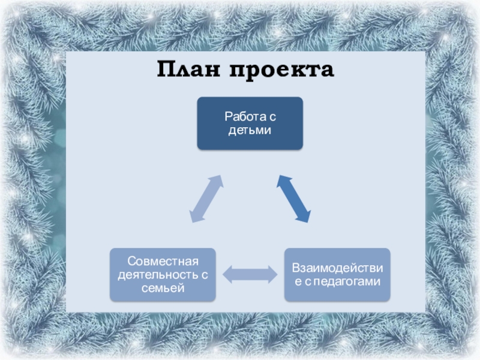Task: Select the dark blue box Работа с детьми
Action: (250, 123)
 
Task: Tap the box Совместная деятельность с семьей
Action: (162, 274)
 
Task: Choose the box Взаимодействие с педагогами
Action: (337, 274)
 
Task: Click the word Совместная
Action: (163, 261)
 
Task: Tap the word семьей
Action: (162, 289)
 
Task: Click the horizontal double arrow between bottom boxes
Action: (250, 275)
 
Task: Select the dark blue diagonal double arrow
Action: (293, 199)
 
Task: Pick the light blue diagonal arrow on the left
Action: (206, 199)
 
